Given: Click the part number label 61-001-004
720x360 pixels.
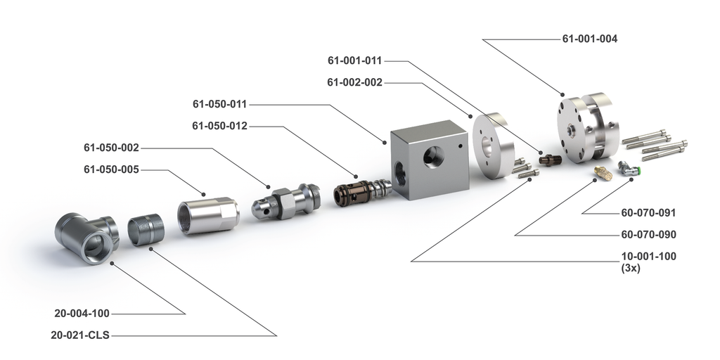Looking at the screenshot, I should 590,39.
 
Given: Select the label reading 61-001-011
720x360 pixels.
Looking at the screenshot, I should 354,60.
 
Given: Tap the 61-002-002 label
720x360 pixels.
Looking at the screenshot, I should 354,82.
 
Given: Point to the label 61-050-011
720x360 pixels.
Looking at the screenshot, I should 219,104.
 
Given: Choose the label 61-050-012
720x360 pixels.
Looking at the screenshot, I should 219,126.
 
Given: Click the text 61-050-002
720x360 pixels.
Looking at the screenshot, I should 111,148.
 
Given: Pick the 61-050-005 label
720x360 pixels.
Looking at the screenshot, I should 111,169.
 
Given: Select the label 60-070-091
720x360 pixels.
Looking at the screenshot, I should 648,212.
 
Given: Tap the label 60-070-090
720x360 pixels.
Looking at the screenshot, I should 648,234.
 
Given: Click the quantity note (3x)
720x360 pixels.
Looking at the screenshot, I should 631,269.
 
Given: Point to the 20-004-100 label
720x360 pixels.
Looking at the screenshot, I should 82,313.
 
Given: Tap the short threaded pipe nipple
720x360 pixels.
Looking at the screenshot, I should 146,231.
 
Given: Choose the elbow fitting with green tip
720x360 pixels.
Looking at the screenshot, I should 628,167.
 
